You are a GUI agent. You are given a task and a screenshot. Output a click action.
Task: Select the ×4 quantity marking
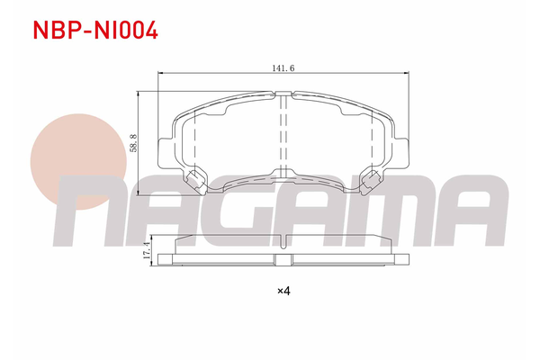(283, 290)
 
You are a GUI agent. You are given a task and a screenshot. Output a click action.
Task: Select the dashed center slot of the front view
(283, 135)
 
